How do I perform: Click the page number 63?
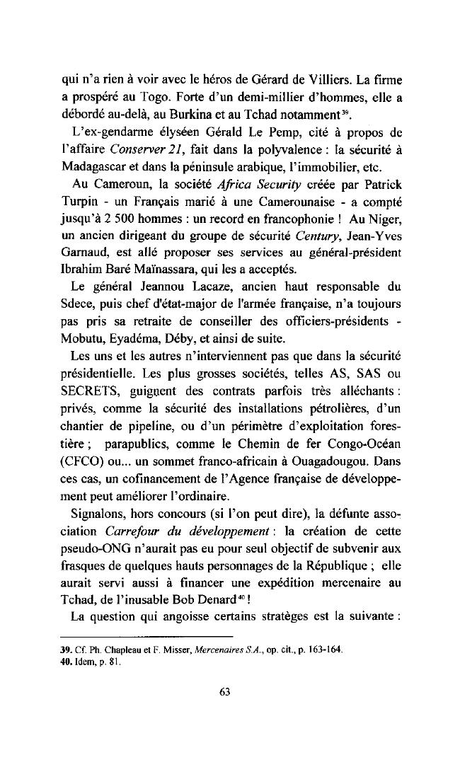226,693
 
